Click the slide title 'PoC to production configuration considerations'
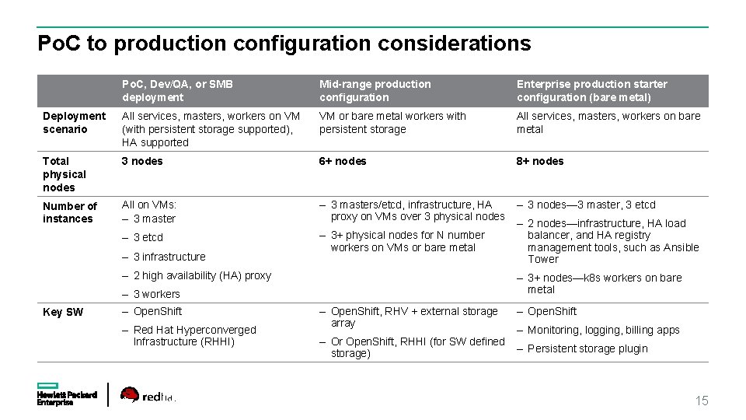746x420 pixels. (x=284, y=44)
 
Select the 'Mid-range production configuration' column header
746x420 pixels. (x=375, y=90)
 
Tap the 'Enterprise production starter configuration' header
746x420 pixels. (x=591, y=90)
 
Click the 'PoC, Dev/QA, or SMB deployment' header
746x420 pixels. (x=177, y=90)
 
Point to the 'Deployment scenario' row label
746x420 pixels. (x=74, y=122)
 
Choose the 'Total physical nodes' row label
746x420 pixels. (x=64, y=174)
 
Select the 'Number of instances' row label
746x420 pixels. (x=70, y=212)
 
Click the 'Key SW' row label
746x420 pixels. (x=63, y=312)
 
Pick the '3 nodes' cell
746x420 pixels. (x=142, y=161)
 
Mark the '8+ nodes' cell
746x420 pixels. (x=540, y=161)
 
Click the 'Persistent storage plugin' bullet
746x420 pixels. (x=587, y=348)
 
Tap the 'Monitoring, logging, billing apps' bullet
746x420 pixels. (x=603, y=330)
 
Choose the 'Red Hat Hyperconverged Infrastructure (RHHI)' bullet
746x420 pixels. (x=194, y=335)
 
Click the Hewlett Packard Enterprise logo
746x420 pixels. (x=67, y=394)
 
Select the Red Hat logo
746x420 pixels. (x=147, y=395)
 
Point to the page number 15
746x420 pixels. (x=702, y=401)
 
